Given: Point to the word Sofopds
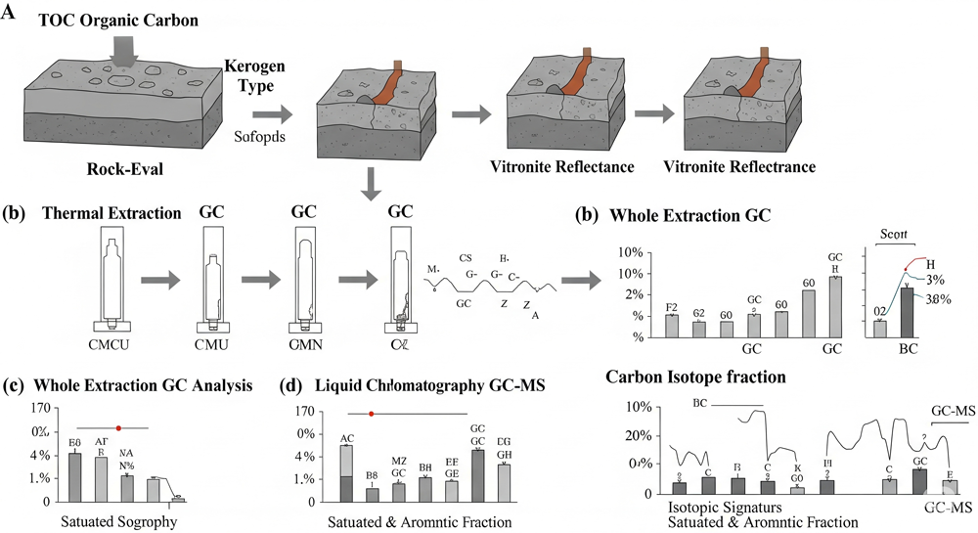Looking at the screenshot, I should click(259, 136).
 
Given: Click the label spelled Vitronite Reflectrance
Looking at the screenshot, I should click(739, 166).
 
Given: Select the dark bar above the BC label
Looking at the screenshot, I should click(907, 310).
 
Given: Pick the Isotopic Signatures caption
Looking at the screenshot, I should click(725, 508).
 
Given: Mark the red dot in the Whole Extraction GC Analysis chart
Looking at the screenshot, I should click(119, 427).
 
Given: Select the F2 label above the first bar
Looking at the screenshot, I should click(672, 307).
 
